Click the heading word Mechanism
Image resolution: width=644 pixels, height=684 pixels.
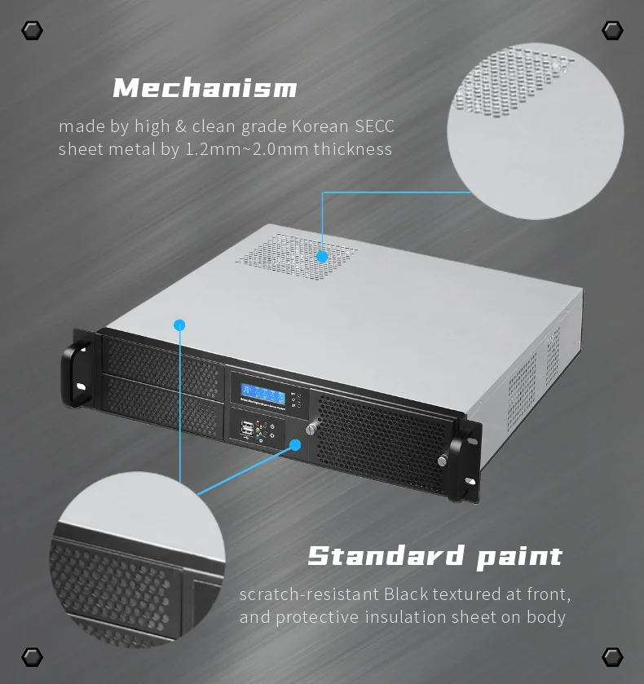point(205,87)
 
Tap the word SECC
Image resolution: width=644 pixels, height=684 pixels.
point(375,126)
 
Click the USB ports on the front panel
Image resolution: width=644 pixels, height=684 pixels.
point(246,430)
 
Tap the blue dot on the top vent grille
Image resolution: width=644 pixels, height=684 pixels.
point(322,257)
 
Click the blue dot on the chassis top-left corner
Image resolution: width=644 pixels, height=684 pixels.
point(179,324)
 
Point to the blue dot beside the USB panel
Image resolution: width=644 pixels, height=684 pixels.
point(295,445)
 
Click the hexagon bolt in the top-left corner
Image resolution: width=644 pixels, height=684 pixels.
point(32,31)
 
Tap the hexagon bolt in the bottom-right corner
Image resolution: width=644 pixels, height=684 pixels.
point(612,656)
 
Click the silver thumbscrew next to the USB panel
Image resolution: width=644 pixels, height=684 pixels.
point(310,429)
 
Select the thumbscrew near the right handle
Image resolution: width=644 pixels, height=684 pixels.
point(442,461)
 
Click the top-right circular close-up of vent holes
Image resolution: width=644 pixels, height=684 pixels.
point(536,130)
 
